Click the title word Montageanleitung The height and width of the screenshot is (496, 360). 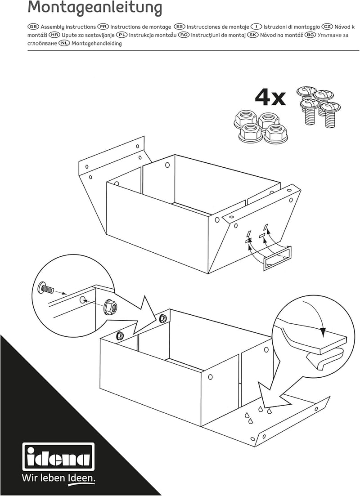(x=94, y=8)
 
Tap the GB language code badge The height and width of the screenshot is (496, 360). (x=33, y=27)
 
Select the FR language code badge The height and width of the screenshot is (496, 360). (x=103, y=27)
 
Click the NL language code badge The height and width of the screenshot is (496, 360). (x=64, y=43)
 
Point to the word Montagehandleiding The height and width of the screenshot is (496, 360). (x=97, y=43)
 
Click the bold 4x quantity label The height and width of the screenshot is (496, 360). (x=270, y=98)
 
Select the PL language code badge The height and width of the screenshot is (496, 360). (x=121, y=35)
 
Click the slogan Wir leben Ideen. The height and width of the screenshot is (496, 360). (x=58, y=478)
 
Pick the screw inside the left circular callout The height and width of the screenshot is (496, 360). (x=46, y=289)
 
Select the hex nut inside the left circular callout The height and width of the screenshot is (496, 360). (x=111, y=307)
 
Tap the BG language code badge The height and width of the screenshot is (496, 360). (x=310, y=35)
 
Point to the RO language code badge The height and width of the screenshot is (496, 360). (x=184, y=35)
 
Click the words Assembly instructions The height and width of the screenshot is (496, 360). (x=68, y=27)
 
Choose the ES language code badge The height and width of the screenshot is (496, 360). (x=180, y=27)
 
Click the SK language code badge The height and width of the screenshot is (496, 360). (x=252, y=35)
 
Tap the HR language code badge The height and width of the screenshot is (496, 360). (x=54, y=35)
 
